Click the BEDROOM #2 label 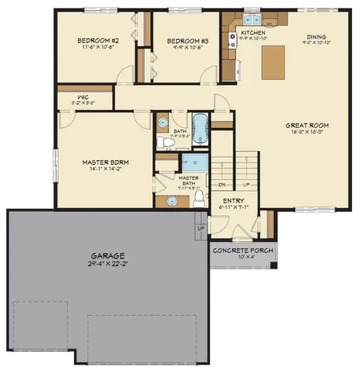[x=97, y=40]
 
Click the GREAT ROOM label [x=306, y=125]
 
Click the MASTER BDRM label [x=105, y=163]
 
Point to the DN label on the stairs [x=222, y=185]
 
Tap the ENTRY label [x=233, y=201]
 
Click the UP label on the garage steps [x=202, y=228]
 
